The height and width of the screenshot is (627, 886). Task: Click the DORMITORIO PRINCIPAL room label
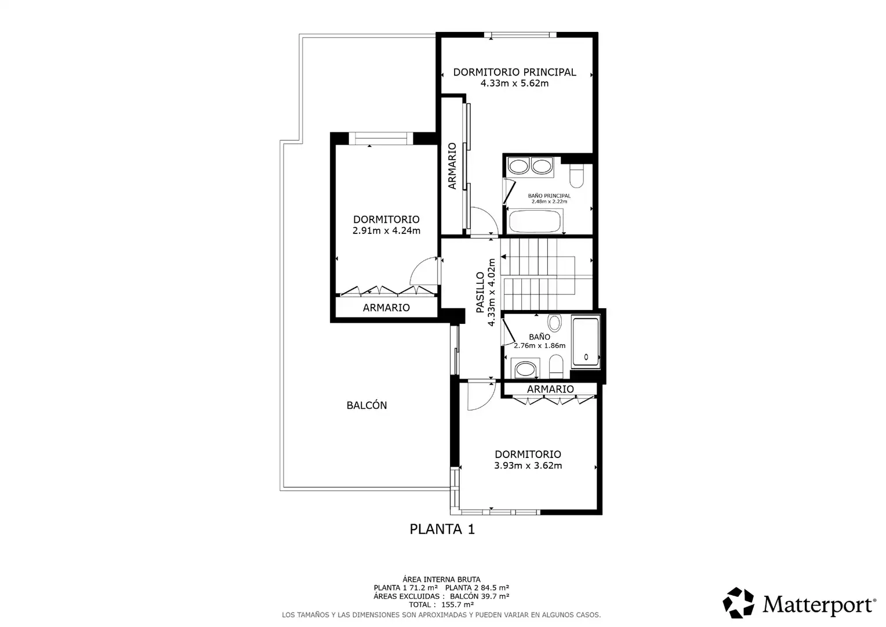tap(514, 72)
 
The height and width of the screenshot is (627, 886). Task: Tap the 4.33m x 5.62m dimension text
tap(514, 83)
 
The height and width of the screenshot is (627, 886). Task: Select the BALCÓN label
tap(366, 405)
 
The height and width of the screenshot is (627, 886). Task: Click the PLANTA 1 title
tap(442, 529)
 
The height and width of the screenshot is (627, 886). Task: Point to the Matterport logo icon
tap(738, 603)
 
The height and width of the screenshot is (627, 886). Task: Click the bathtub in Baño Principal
tap(535, 221)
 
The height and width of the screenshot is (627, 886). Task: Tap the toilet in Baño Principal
tap(577, 176)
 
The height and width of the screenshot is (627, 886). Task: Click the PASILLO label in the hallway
tap(480, 292)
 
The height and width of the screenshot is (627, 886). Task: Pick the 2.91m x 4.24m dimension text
tap(386, 230)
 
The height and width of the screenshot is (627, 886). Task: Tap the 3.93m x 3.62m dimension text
tap(528, 466)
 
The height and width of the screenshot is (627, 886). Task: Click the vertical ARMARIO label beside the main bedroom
tap(452, 166)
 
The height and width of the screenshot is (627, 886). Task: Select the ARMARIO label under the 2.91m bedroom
tap(386, 307)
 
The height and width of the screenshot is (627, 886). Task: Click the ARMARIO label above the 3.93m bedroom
tap(550, 389)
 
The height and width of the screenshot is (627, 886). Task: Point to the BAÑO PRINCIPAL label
tap(549, 196)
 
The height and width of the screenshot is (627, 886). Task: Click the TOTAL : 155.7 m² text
tap(441, 604)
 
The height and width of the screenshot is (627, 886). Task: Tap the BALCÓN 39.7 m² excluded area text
tap(480, 596)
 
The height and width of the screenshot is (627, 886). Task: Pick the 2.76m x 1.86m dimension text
tap(539, 345)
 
